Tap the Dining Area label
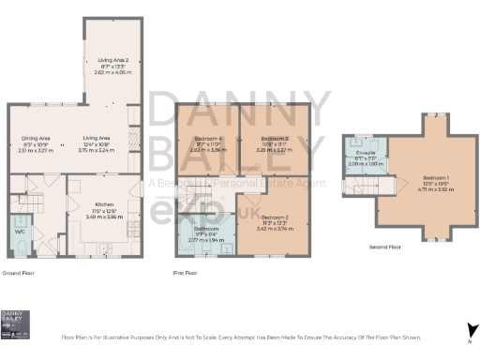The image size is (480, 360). coord(37,137)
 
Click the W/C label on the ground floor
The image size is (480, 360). coord(19,230)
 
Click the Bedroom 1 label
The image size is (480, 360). coord(436,178)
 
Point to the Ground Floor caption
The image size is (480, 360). coord(19,273)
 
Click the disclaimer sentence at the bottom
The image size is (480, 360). coord(240,336)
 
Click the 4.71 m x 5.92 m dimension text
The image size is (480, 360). coord(436,189)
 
